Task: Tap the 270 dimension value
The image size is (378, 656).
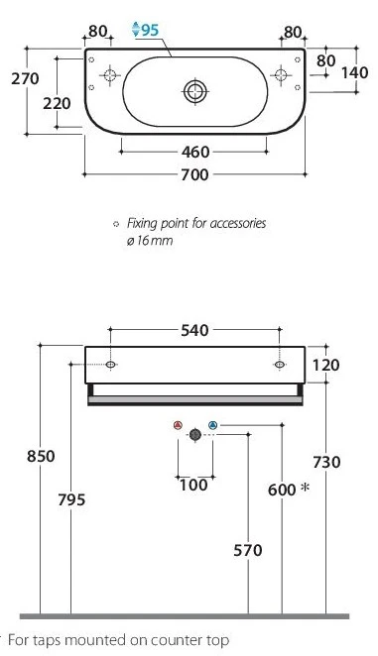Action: (25, 78)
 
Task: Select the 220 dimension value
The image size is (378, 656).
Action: (57, 103)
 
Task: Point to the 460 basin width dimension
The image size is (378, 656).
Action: (195, 152)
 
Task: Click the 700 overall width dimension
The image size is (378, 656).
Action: (194, 174)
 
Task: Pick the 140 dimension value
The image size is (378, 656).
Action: (354, 72)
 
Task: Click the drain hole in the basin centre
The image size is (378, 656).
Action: (195, 91)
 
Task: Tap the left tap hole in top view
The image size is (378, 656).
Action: (110, 75)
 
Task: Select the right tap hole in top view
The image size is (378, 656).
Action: (281, 75)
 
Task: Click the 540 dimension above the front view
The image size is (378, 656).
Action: (194, 331)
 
